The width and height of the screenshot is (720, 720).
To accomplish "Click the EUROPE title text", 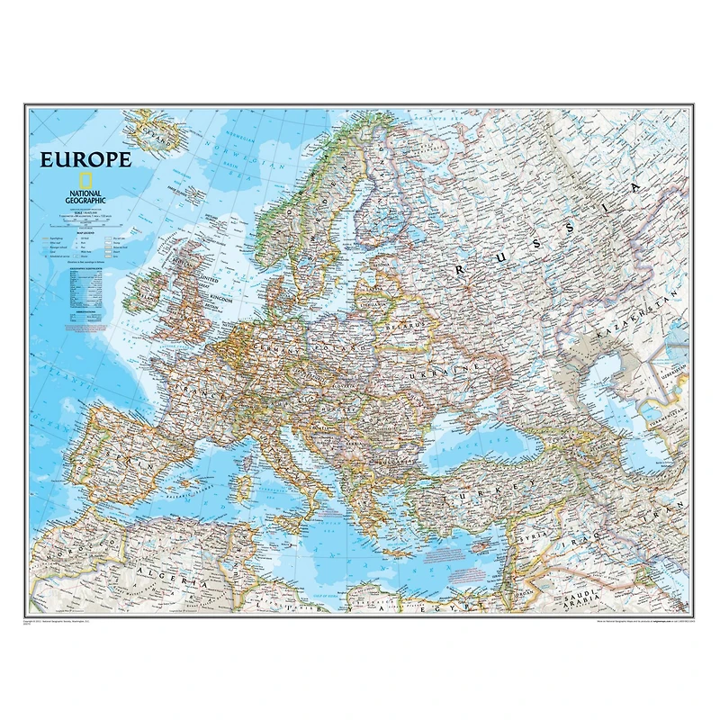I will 85,160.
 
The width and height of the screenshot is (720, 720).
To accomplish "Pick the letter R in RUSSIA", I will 462,268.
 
